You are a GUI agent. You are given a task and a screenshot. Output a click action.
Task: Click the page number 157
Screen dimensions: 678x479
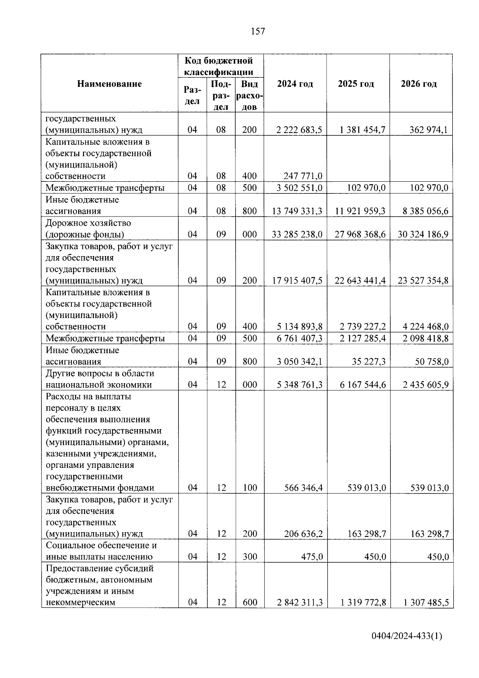(x=258, y=32)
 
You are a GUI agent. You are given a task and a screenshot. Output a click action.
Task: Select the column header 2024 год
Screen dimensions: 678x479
(x=295, y=84)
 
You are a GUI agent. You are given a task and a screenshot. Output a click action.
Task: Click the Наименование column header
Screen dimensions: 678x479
(x=109, y=84)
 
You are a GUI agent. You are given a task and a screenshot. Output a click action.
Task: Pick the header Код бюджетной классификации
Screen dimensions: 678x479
(x=219, y=66)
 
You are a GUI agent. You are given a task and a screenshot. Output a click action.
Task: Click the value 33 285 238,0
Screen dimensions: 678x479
(x=297, y=235)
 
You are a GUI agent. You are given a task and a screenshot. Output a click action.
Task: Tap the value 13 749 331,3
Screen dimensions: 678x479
(x=297, y=211)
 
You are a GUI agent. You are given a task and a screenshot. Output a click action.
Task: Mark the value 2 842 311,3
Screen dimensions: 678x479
(x=300, y=602)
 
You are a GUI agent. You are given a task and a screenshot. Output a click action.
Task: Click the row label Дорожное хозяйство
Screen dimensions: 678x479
(x=88, y=223)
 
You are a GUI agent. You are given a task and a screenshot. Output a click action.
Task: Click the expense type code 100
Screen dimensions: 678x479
(x=249, y=488)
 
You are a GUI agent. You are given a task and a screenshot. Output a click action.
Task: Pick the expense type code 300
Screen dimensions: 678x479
(x=249, y=557)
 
